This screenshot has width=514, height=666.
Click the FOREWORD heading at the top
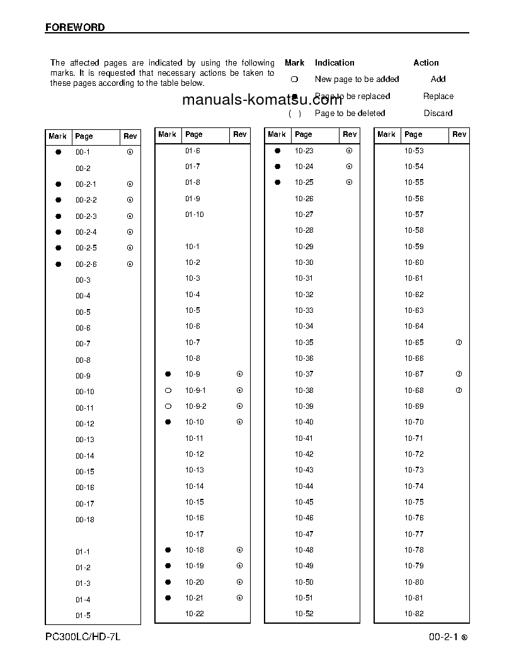(75, 28)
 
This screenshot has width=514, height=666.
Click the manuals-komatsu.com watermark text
(262, 100)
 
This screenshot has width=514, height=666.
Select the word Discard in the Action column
(438, 114)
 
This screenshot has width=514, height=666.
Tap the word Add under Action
(438, 79)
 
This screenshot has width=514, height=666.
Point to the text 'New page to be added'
(357, 79)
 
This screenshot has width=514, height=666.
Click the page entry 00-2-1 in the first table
(86, 184)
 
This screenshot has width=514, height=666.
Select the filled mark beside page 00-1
(59, 152)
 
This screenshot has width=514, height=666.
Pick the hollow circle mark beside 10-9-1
(168, 390)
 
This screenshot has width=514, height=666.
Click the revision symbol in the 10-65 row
(459, 342)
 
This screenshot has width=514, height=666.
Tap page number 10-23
(304, 151)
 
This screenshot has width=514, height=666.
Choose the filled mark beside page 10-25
(277, 182)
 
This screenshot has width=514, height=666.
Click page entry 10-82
(414, 614)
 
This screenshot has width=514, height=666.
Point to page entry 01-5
(83, 616)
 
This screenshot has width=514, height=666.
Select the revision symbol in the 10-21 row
(239, 598)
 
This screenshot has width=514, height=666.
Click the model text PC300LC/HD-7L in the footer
(83, 637)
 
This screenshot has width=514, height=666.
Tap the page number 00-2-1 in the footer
(443, 638)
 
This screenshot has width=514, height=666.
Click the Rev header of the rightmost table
(459, 134)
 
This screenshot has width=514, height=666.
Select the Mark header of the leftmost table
(57, 136)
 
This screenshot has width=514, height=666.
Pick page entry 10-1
(192, 247)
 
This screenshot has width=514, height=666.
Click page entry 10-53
(414, 151)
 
